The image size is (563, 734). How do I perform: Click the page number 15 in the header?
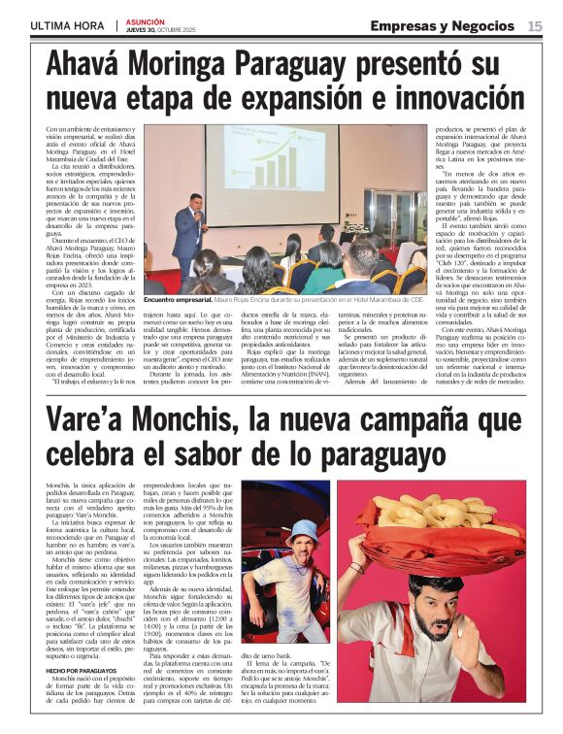[535, 26]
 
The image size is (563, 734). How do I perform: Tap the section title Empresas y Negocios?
[443, 25]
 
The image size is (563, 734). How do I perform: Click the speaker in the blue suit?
[187, 233]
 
